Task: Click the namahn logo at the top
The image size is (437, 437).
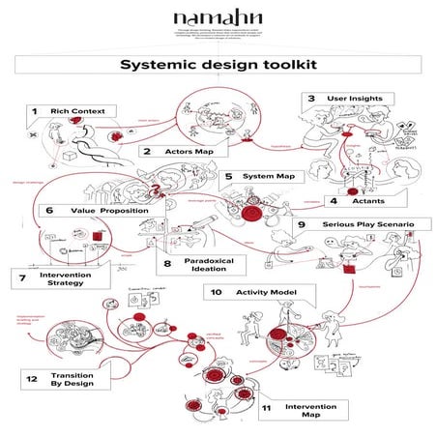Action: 219,18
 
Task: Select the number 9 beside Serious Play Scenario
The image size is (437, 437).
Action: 302,225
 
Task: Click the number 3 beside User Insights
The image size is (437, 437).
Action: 311,99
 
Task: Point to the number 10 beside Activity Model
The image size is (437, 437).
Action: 217,291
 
